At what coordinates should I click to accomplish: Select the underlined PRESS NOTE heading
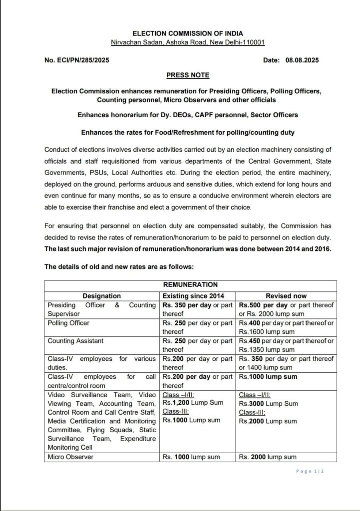click(188, 75)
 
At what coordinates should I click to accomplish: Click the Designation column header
click(102, 296)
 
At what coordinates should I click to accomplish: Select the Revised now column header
click(286, 296)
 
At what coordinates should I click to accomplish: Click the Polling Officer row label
click(69, 323)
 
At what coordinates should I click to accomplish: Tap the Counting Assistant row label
click(76, 341)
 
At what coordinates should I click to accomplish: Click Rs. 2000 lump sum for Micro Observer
click(268, 457)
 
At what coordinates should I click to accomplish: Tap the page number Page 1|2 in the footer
click(310, 471)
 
